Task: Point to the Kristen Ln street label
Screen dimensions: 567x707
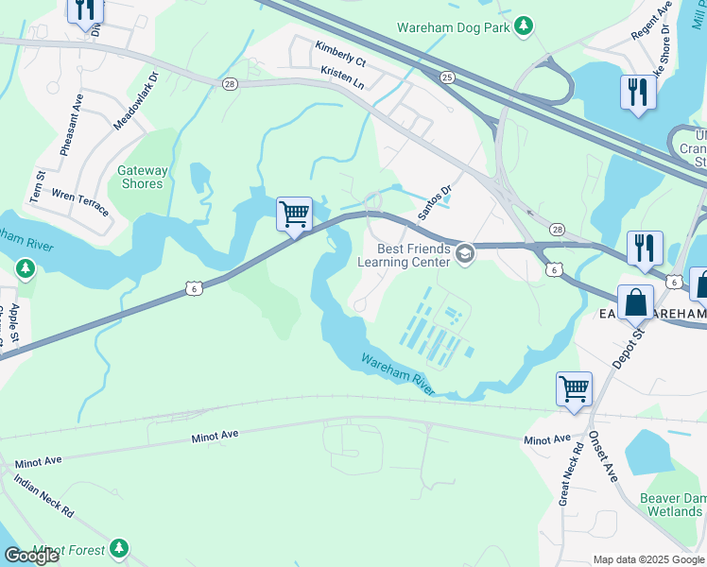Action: pyautogui.click(x=342, y=77)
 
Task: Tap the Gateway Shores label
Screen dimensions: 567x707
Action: pyautogui.click(x=143, y=177)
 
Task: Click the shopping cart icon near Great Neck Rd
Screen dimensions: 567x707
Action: pyautogui.click(x=574, y=388)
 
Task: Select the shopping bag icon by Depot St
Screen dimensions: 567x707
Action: pyautogui.click(x=636, y=302)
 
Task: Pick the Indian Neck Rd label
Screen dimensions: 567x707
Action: pyautogui.click(x=43, y=496)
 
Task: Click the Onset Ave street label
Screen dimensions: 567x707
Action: pyautogui.click(x=602, y=457)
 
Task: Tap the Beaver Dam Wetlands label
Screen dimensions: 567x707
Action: pyautogui.click(x=675, y=504)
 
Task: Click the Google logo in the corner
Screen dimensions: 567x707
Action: pyautogui.click(x=30, y=556)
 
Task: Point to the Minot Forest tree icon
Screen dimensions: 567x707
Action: pyautogui.click(x=118, y=547)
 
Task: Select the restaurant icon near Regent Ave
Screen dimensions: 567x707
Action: pyautogui.click(x=638, y=93)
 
